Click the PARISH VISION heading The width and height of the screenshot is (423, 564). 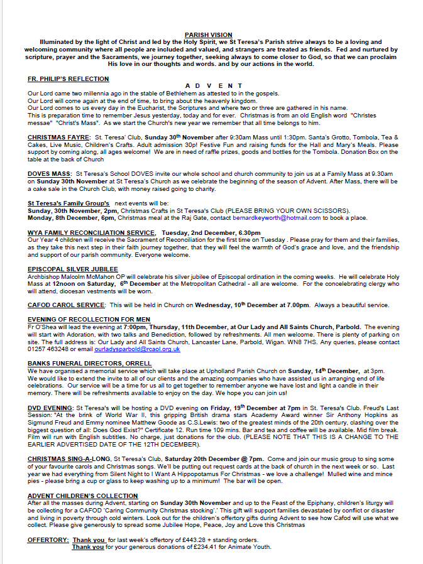pos(209,35)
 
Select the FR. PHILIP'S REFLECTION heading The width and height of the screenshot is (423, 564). pos(68,79)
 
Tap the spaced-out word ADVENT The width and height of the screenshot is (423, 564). pos(214,86)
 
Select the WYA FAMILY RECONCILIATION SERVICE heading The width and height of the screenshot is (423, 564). pos(91,232)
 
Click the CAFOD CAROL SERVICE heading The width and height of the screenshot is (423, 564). pos(66,305)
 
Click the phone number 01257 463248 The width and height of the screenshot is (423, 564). pos(48,349)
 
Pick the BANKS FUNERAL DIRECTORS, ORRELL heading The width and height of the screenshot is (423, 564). pos(89,363)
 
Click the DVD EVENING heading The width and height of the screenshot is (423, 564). pos(50,408)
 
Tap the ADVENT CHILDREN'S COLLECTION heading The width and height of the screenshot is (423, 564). pos(82,496)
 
